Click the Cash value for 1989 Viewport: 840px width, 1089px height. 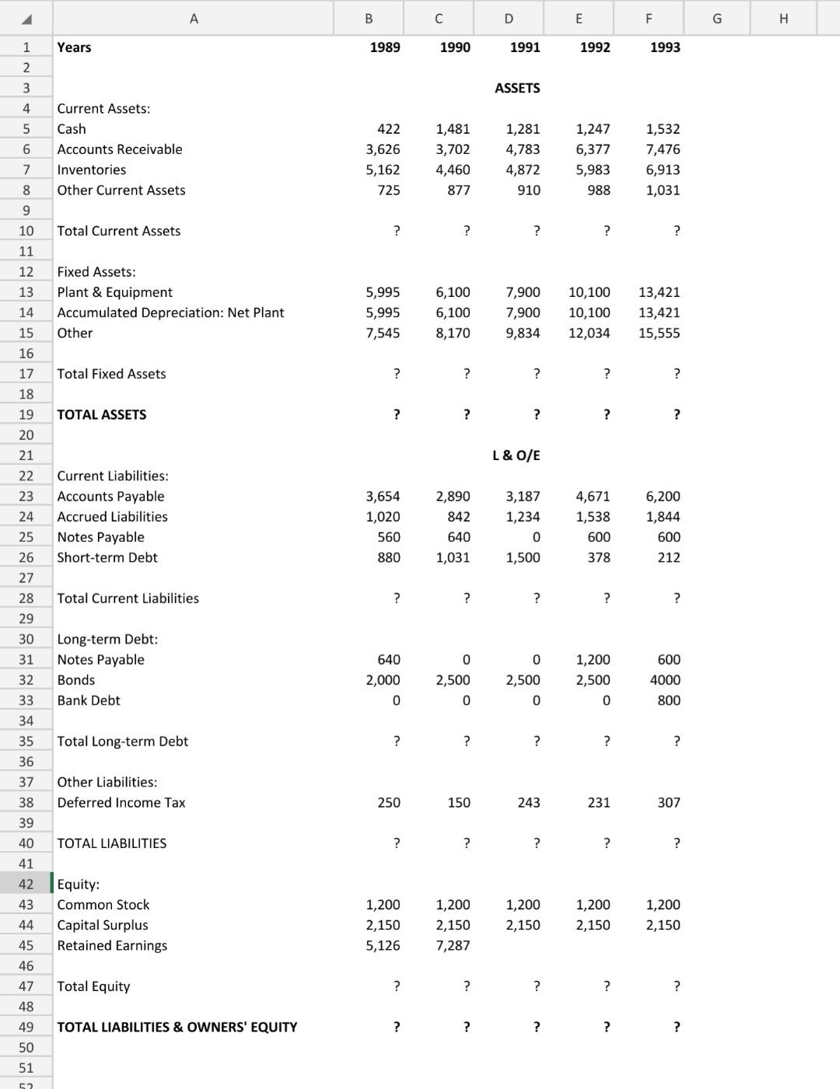pyautogui.click(x=388, y=129)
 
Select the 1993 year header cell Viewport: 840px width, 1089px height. pyautogui.click(x=664, y=47)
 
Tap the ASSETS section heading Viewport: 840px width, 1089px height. pyautogui.click(x=517, y=89)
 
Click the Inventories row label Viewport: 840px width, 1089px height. pyautogui.click(x=92, y=170)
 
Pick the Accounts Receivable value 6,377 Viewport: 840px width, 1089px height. pyautogui.click(x=593, y=149)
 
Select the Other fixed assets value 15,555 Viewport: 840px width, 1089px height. pyautogui.click(x=659, y=333)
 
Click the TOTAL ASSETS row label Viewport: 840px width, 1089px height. pyautogui.click(x=102, y=415)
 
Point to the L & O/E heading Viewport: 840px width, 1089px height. pyautogui.click(x=516, y=455)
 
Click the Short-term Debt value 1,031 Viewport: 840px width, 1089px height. pyautogui.click(x=453, y=558)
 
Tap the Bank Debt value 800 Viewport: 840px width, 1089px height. pyautogui.click(x=668, y=700)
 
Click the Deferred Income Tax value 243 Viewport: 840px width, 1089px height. pyautogui.click(x=528, y=803)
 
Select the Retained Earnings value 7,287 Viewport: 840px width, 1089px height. pyautogui.click(x=453, y=946)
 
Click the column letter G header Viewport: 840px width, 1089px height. pyautogui.click(x=716, y=18)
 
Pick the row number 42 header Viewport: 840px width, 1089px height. pyautogui.click(x=26, y=885)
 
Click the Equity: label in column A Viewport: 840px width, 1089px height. pyautogui.click(x=79, y=885)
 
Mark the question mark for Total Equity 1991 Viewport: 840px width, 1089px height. pyautogui.click(x=536, y=986)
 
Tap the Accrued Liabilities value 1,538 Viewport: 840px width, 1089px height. pyautogui.click(x=593, y=517)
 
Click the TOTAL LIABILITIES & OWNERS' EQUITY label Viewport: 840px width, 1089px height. pyautogui.click(x=177, y=1028)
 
